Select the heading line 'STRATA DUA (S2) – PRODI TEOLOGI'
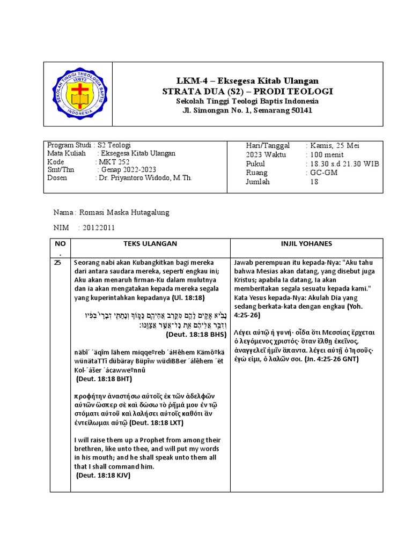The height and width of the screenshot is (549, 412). (247, 92)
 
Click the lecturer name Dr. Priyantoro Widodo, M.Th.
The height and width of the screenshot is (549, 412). (145, 178)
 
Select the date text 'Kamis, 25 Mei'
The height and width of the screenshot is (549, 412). (333, 146)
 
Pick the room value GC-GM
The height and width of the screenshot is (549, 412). (323, 173)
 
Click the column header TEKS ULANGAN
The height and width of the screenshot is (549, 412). (150, 244)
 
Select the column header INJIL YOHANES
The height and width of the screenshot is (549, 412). (306, 244)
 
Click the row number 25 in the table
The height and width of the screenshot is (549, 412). (58, 263)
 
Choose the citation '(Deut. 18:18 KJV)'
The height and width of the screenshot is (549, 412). (104, 476)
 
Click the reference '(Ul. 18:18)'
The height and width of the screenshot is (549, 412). (192, 298)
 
